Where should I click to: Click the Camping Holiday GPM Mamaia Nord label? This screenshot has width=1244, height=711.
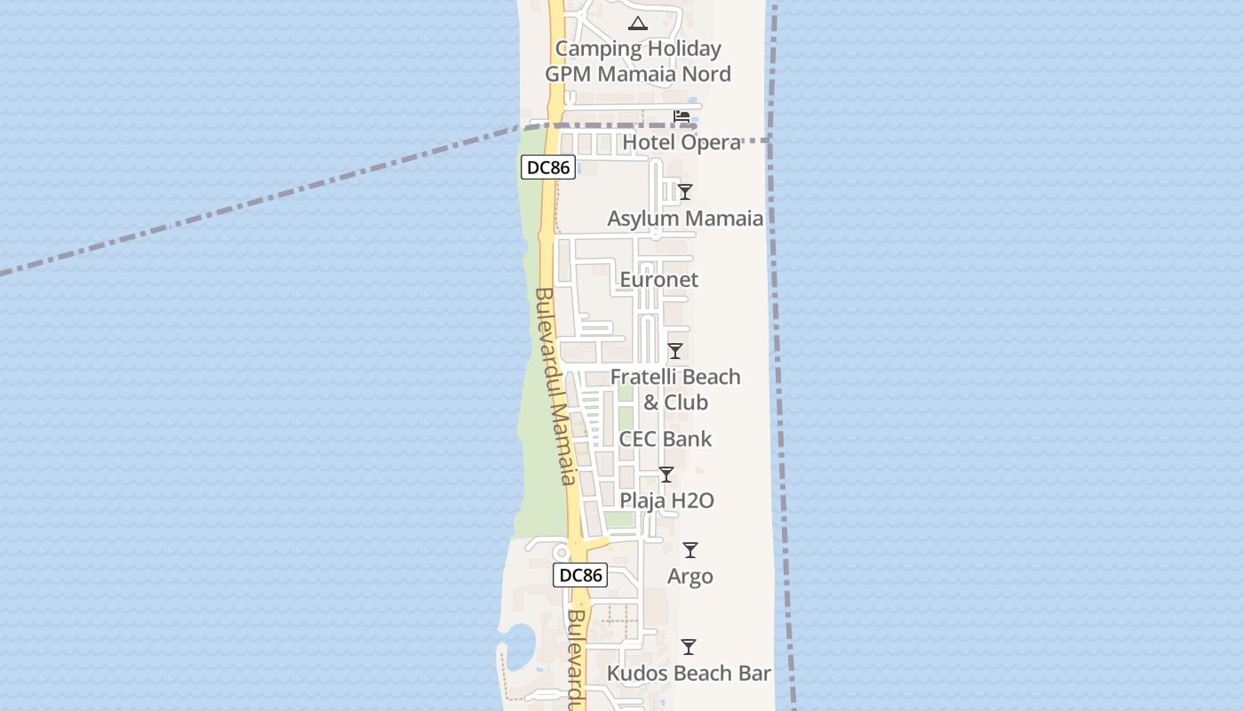637,61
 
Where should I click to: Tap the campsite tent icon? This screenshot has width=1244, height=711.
637,23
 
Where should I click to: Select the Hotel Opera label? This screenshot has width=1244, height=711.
682,142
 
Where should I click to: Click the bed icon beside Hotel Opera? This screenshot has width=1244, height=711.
682,116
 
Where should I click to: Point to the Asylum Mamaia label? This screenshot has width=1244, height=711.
685,219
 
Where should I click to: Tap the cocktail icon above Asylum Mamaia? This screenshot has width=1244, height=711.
685,191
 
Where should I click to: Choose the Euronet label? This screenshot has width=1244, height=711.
658,280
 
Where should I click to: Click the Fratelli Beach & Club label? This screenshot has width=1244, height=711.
675,389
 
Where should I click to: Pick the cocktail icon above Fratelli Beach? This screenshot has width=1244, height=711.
675,351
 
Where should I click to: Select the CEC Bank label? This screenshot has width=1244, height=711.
666,439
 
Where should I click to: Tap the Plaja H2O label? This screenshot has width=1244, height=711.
666,500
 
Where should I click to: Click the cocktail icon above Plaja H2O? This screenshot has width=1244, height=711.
666,475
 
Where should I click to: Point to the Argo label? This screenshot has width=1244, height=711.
690,577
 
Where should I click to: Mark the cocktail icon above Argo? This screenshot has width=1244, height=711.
690,550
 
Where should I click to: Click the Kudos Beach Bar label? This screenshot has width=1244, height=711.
689,674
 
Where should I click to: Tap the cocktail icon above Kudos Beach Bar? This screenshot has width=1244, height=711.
689,647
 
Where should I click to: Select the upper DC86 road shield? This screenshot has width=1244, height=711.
548,167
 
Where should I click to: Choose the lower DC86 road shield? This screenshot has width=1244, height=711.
581,575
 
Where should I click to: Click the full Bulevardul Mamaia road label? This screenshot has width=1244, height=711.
556,387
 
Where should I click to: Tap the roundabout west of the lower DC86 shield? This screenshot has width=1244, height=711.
561,553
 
